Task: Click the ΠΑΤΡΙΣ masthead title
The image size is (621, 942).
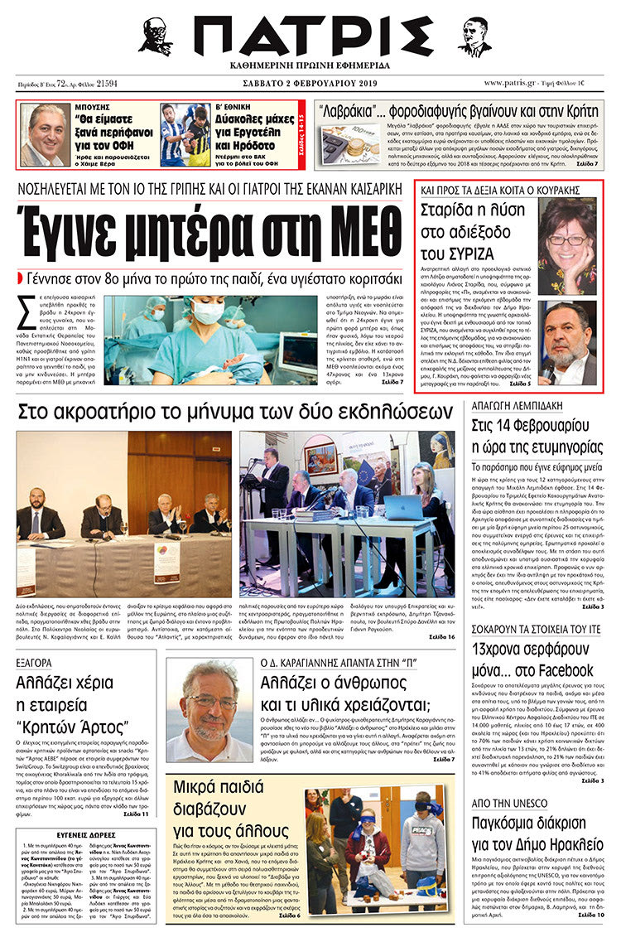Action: click(x=311, y=36)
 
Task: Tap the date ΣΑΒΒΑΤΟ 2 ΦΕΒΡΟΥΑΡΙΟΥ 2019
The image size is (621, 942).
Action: click(x=310, y=84)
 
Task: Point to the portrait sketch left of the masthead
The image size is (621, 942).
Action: click(x=155, y=36)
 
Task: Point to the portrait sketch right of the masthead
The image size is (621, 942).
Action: click(x=475, y=36)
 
